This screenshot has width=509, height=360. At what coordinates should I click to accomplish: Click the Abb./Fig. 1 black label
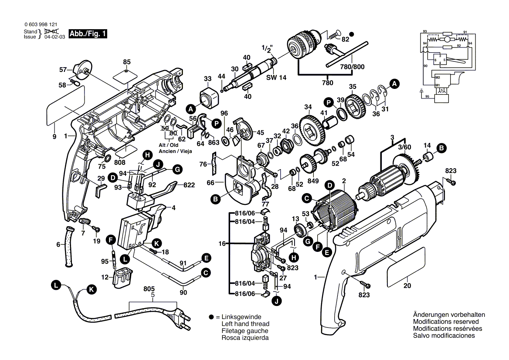click(86, 34)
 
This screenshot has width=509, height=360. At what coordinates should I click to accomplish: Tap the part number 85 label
click(127, 62)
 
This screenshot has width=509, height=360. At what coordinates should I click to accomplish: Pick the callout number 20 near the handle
click(407, 286)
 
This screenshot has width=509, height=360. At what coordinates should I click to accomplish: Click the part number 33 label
click(207, 79)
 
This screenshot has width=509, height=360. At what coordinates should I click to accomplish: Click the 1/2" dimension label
click(267, 48)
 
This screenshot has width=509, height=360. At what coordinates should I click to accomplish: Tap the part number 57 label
click(63, 69)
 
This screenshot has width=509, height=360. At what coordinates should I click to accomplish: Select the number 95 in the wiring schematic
click(428, 96)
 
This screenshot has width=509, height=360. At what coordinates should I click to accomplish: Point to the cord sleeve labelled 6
click(69, 247)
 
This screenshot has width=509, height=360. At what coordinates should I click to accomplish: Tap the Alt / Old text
click(168, 145)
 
